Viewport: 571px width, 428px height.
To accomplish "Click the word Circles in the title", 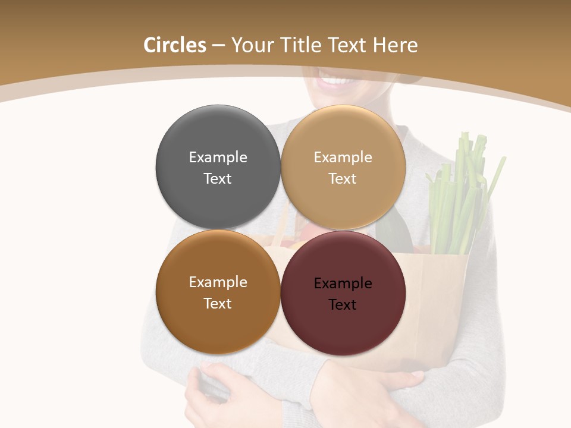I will [x=174, y=45].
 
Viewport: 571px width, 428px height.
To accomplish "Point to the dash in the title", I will [x=218, y=46].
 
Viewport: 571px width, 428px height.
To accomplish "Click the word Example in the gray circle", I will [x=218, y=157].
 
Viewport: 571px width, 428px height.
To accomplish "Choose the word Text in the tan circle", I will [x=343, y=178].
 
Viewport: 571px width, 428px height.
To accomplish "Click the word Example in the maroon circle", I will [x=343, y=283].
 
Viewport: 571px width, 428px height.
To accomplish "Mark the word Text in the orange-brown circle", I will [x=218, y=303].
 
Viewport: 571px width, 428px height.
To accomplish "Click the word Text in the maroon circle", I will [x=343, y=304].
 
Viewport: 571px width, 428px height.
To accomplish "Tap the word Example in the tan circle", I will [x=343, y=157].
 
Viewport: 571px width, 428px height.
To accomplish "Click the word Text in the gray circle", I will [x=218, y=178].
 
